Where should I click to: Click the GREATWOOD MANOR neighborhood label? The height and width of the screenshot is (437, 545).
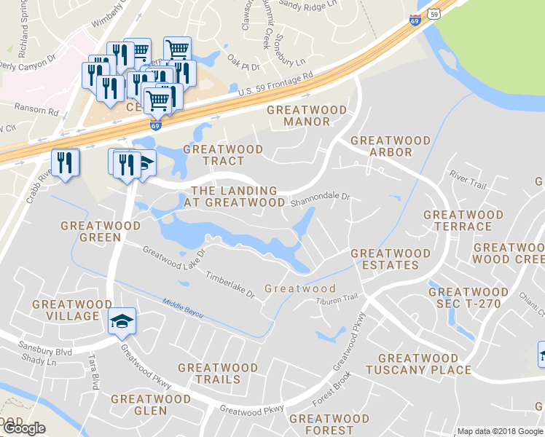307,115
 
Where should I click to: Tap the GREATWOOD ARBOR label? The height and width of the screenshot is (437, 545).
381,146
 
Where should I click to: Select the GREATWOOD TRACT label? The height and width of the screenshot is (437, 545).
223,154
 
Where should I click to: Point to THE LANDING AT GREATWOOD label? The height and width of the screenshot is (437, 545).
234,196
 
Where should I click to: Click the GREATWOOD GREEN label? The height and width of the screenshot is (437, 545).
101,231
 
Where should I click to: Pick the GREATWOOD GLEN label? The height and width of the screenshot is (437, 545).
150,405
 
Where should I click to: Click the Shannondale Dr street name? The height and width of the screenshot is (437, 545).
321,197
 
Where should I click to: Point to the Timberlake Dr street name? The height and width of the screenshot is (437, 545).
229,285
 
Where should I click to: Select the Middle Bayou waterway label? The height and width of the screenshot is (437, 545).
182,308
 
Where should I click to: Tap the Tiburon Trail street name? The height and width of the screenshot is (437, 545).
337,298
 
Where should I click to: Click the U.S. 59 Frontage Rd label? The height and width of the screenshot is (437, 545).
275,85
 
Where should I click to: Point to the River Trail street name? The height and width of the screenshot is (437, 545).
468,181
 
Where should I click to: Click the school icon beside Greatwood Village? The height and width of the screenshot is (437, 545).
121,321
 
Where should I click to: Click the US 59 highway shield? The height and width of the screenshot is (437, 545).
434,14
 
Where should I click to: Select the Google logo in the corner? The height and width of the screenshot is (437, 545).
24,428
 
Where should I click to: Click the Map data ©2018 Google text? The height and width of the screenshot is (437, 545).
500,431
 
